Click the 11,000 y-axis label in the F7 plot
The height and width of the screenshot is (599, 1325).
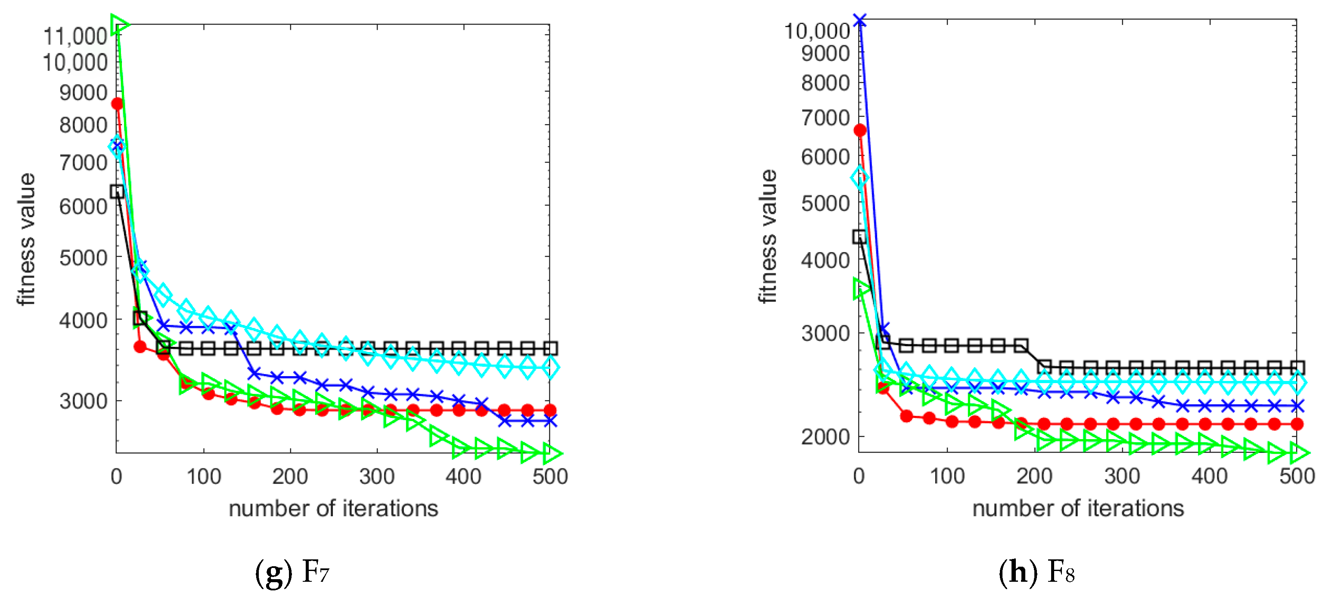pos(75,36)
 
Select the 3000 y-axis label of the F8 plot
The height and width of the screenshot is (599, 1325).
pos(825,333)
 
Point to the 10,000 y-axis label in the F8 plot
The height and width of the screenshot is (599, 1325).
pos(817,31)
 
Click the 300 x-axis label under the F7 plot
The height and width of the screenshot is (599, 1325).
pos(377,477)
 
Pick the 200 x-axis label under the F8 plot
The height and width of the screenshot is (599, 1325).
pos(1034,477)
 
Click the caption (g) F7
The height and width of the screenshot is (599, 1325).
pos(292,571)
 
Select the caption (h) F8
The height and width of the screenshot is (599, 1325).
pos(1036,571)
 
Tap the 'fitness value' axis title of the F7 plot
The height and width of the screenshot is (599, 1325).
pos(26,239)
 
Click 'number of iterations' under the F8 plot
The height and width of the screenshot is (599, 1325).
pos(1078,509)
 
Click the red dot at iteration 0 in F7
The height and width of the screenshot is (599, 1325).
pos(117,103)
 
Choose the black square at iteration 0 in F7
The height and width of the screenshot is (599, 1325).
pos(117,191)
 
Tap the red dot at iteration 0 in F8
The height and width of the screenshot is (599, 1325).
pos(860,130)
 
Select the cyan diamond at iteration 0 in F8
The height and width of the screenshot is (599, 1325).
pos(860,178)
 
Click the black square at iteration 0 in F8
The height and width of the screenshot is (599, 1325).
pos(860,237)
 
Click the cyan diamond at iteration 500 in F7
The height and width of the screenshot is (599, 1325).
pos(550,368)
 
